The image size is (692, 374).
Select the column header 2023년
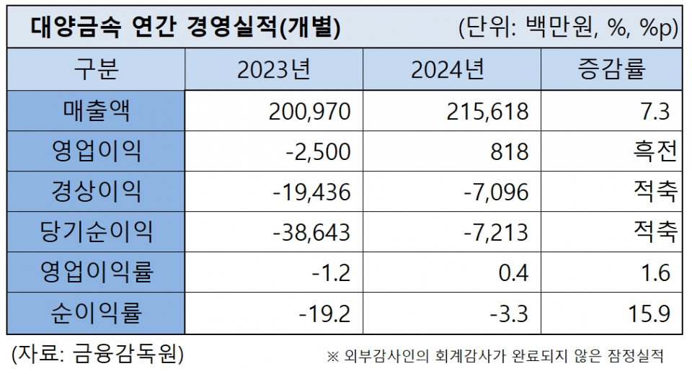[x=273, y=71]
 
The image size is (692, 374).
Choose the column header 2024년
[x=448, y=71]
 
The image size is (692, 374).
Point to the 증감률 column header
[x=611, y=71]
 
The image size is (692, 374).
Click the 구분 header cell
[x=96, y=71]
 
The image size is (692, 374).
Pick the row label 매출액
[x=96, y=111]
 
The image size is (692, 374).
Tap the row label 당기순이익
[x=96, y=232]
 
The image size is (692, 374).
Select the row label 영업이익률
[x=96, y=272]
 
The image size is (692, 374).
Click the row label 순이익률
[x=96, y=313]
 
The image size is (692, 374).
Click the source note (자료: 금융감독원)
[x=97, y=355]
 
